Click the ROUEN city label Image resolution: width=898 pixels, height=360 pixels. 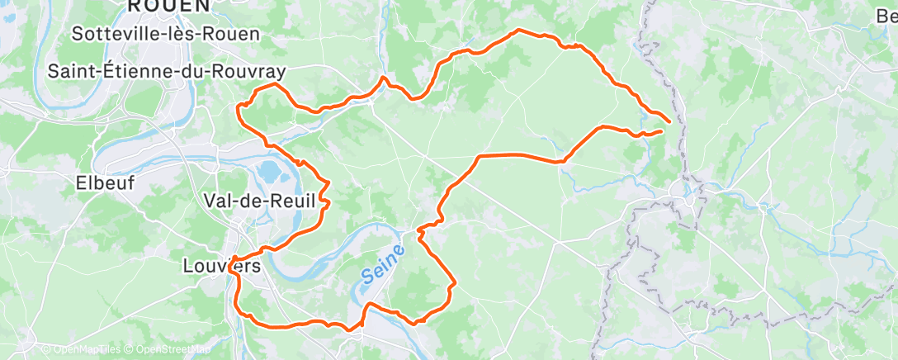tap(169, 5)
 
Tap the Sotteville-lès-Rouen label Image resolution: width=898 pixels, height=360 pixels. tap(166, 34)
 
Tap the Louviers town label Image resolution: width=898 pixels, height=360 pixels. tap(221, 267)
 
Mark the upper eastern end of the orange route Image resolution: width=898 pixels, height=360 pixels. tap(669, 121)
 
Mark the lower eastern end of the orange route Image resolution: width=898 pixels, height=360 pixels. tap(662, 130)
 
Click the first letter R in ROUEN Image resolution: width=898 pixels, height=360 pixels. tap(134, 5)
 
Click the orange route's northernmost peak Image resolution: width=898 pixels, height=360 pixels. tap(519, 31)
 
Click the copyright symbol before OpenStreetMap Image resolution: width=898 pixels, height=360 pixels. tap(130, 350)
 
